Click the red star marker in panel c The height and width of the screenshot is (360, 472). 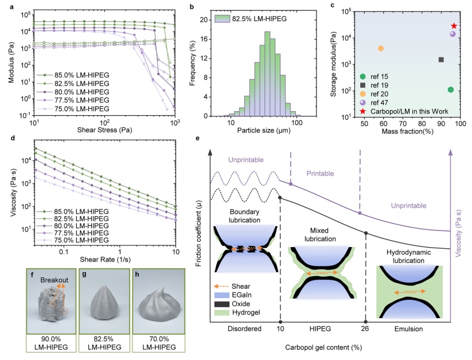click(x=454, y=26)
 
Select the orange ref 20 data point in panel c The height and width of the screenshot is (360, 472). click(x=381, y=49)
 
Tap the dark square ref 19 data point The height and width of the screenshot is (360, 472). click(x=441, y=60)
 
